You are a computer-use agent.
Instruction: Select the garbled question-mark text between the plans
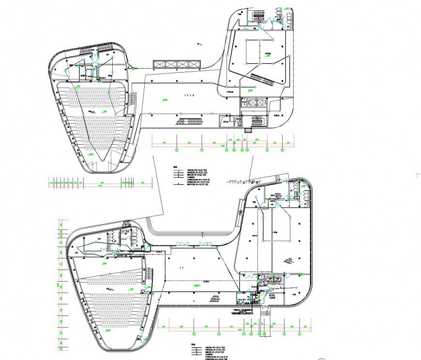click(243, 182)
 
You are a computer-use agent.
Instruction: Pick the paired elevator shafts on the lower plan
click(271, 279)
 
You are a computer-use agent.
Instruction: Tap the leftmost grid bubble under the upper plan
click(177, 150)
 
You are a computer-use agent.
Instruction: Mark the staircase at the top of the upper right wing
click(258, 17)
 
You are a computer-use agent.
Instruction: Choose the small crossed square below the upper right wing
click(249, 131)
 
